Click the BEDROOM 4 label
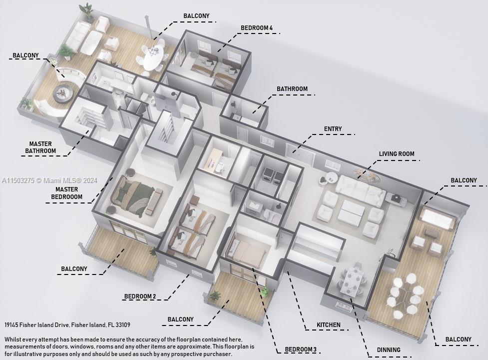pyautogui.click(x=257, y=28)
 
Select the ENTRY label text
pyautogui.click(x=333, y=129)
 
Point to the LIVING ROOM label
pyautogui.click(x=396, y=154)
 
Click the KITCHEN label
pyautogui.click(x=328, y=325)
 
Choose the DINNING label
pyautogui.click(x=388, y=350)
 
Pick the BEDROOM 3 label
pyautogui.click(x=300, y=349)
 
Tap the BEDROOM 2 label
pyautogui.click(x=140, y=296)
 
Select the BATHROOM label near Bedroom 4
pyautogui.click(x=292, y=89)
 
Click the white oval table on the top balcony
pyautogui.click(x=152, y=56)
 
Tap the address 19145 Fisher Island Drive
pyautogui.click(x=67, y=325)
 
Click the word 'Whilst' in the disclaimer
pyautogui.click(x=14, y=339)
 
